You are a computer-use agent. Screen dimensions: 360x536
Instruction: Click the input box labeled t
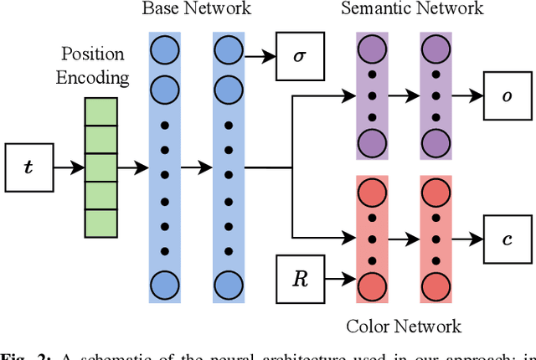click(28, 167)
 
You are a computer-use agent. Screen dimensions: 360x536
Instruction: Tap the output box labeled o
click(508, 97)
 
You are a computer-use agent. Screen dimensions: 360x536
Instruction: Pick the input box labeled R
click(300, 276)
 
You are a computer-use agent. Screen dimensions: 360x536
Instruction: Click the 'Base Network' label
click(196, 10)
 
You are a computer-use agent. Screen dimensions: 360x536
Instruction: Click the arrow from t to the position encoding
click(69, 167)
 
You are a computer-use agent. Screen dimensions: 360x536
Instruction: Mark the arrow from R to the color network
click(337, 276)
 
